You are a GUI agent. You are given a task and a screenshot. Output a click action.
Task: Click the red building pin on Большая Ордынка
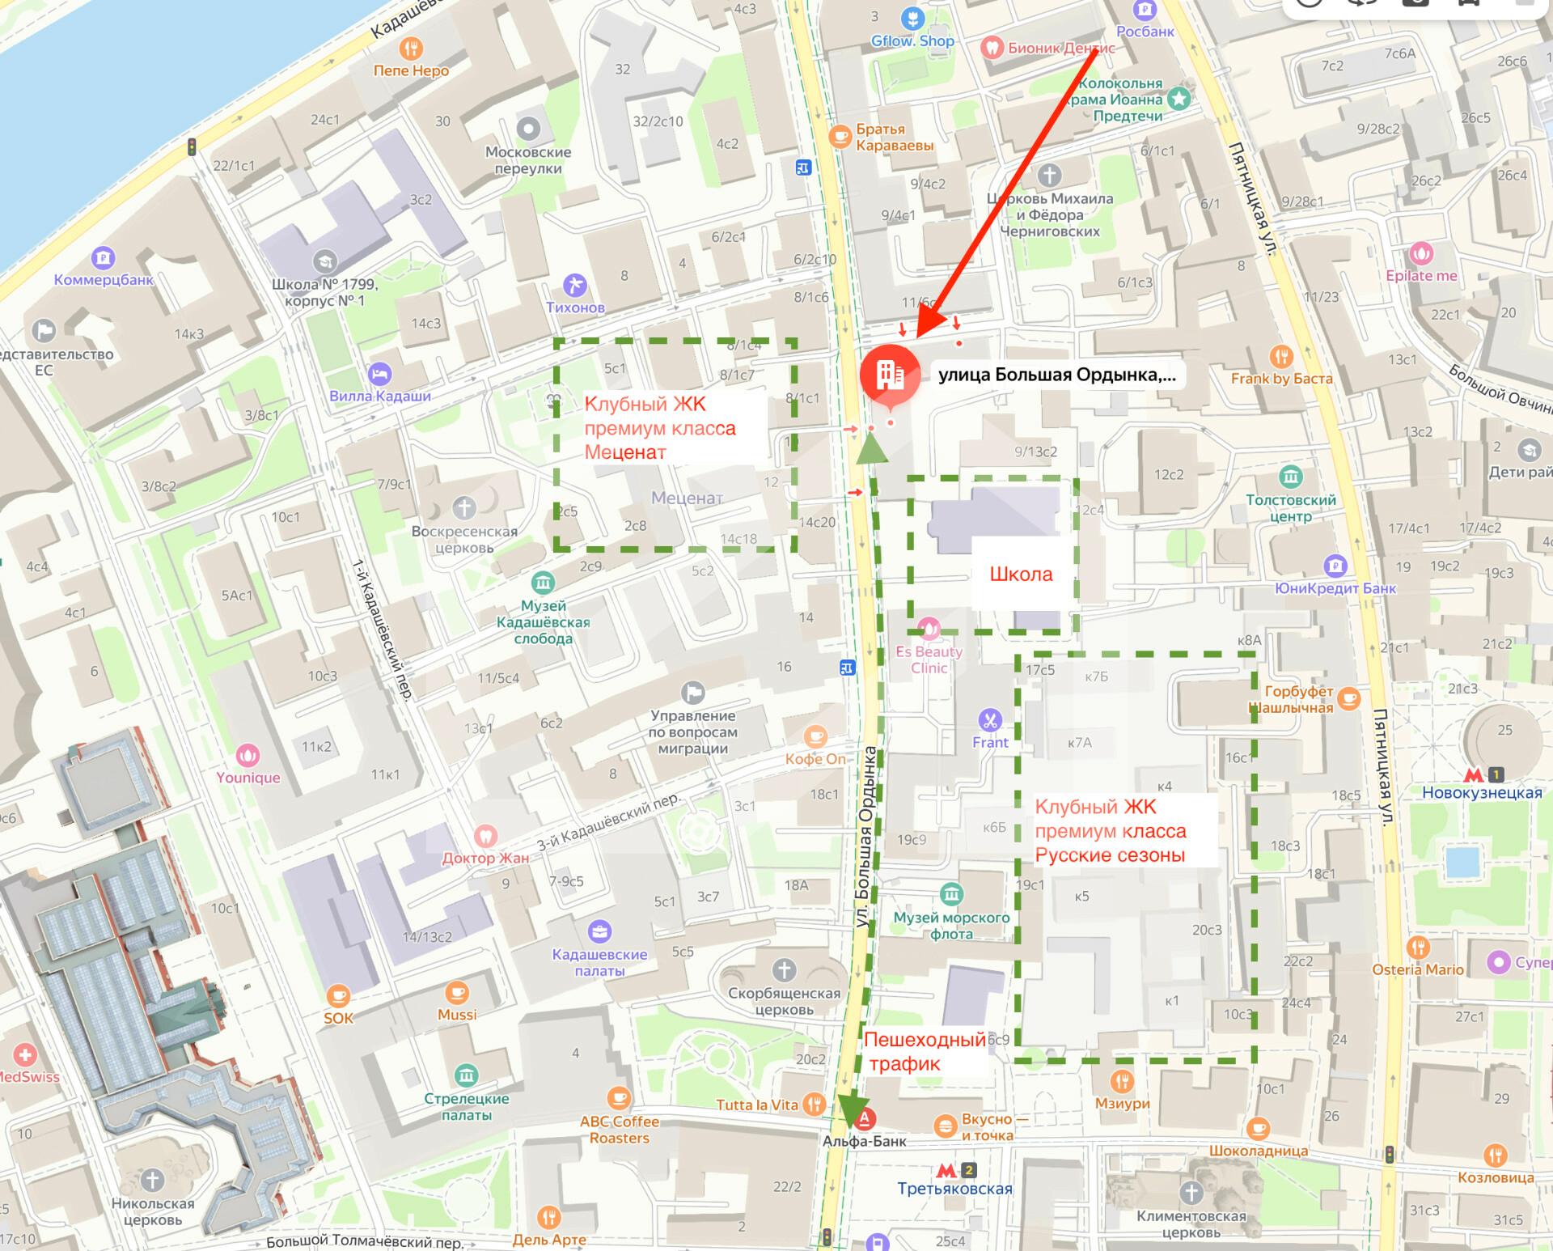tap(890, 374)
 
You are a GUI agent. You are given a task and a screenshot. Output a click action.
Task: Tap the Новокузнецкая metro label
tap(1482, 793)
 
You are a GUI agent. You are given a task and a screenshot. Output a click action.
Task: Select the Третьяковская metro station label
tap(954, 1189)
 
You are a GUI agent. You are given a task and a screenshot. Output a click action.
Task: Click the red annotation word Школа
tap(1022, 575)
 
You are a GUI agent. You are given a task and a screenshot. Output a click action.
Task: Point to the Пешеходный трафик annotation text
tap(925, 1052)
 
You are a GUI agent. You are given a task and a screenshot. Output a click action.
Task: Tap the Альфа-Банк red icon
tap(865, 1120)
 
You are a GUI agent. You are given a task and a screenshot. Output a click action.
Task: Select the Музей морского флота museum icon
tap(952, 894)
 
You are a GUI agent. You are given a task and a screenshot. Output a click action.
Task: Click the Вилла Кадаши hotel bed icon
tap(380, 375)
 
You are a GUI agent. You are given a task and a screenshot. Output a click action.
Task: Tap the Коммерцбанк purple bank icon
tap(104, 259)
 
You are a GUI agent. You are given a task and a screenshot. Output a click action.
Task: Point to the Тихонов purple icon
tap(575, 286)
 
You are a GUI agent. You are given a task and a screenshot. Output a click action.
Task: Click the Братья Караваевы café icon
tap(841, 134)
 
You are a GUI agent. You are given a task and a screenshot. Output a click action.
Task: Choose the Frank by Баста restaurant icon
tap(1281, 356)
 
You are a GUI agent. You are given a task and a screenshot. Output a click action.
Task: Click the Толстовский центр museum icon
tap(1291, 477)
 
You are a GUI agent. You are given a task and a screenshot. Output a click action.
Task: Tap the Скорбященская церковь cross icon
tap(784, 970)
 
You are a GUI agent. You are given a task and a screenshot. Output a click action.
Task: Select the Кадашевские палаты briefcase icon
tap(599, 932)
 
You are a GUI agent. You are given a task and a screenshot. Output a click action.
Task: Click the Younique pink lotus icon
tap(248, 756)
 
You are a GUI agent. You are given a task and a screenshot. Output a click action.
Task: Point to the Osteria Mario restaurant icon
tap(1417, 948)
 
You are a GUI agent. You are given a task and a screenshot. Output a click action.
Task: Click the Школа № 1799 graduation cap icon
tap(325, 262)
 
